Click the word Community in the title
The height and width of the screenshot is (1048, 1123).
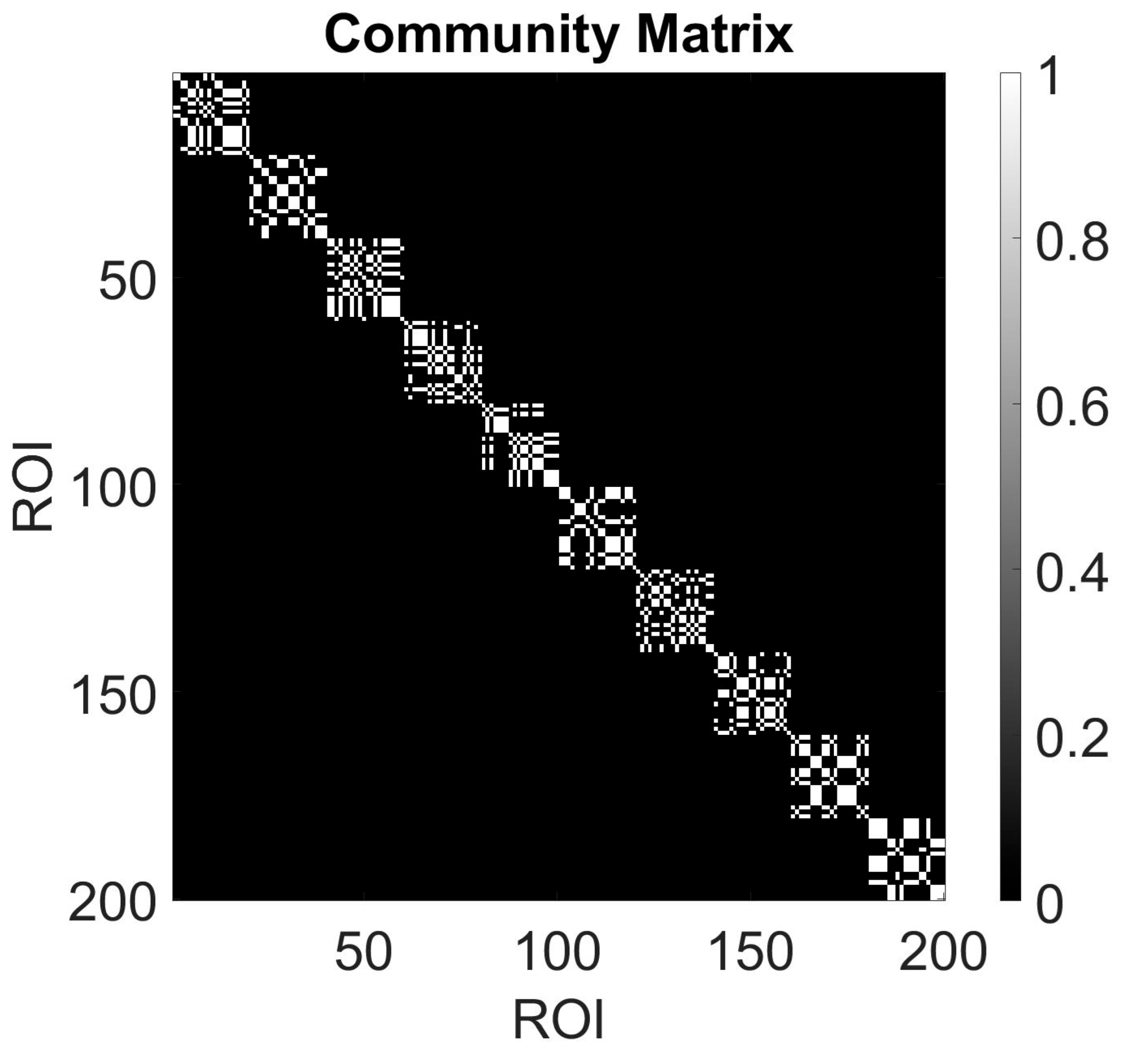pyautogui.click(x=472, y=35)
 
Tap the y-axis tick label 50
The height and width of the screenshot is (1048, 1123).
pyautogui.click(x=127, y=281)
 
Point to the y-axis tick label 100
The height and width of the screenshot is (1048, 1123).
pyautogui.click(x=113, y=487)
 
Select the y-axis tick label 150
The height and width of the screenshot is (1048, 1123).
pyautogui.click(x=113, y=694)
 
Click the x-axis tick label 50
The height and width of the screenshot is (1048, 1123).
pyautogui.click(x=363, y=953)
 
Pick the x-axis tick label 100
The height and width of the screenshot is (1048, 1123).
pyautogui.click(x=558, y=953)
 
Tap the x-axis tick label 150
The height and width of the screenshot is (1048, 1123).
pyautogui.click(x=751, y=953)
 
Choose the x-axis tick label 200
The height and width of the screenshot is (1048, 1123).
pyautogui.click(x=943, y=953)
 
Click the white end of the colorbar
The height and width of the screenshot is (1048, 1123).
pyautogui.click(x=1010, y=79)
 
